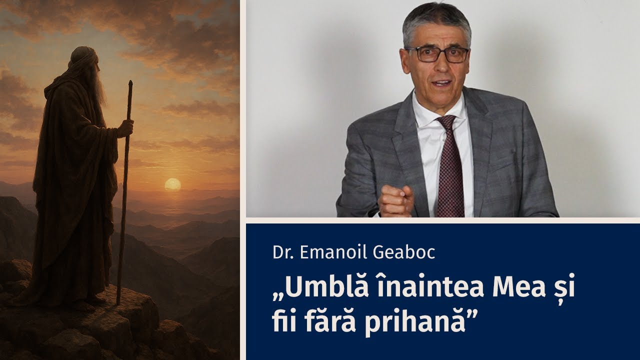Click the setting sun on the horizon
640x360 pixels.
click(x=172, y=184)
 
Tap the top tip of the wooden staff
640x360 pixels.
click(x=130, y=82)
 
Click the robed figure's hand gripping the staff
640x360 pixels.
click(x=125, y=128)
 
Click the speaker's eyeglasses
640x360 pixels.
click(x=436, y=54)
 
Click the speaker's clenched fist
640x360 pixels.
click(x=395, y=200)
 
